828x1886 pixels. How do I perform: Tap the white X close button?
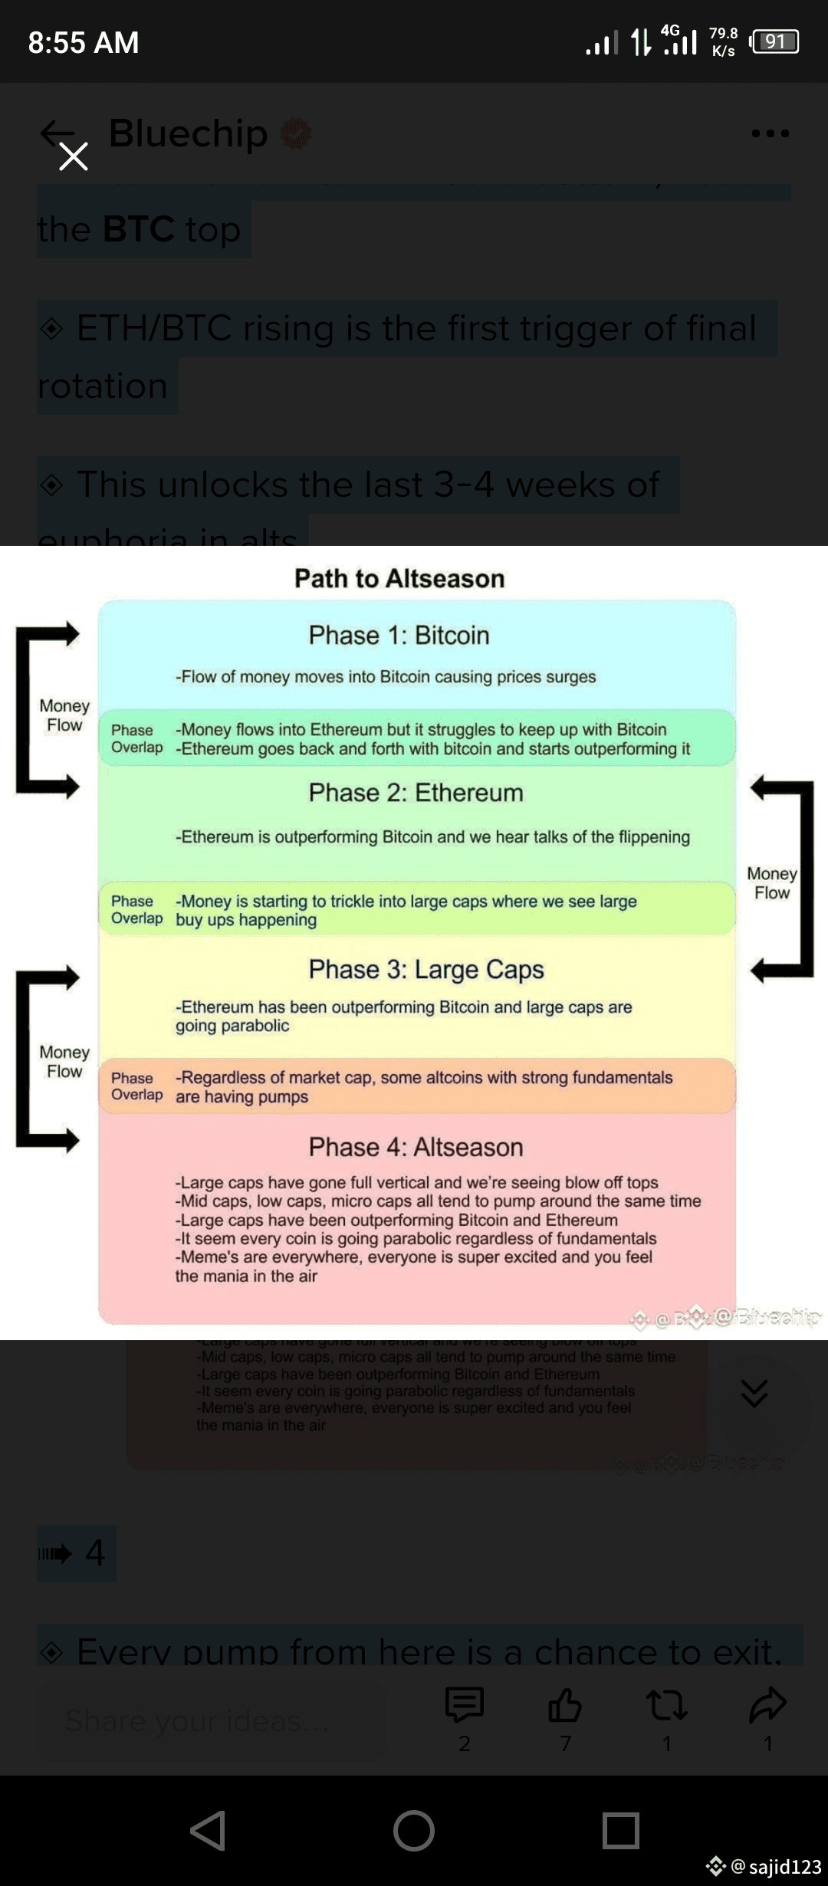pyautogui.click(x=74, y=156)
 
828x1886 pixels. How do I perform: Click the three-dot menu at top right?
pyautogui.click(x=770, y=133)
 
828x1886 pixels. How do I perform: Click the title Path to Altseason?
pyautogui.click(x=399, y=578)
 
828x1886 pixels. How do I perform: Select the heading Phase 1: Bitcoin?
pyautogui.click(x=399, y=635)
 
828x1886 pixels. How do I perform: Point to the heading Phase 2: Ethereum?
pyautogui.click(x=416, y=792)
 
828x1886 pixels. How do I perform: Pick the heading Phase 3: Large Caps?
pyautogui.click(x=426, y=969)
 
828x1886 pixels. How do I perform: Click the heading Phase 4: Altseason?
pyautogui.click(x=416, y=1147)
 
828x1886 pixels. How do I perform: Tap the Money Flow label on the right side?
pyautogui.click(x=772, y=883)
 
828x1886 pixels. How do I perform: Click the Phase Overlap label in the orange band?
pyautogui.click(x=136, y=1086)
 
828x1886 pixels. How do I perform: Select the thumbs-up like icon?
pyautogui.click(x=565, y=1705)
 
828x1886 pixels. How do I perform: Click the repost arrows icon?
pyautogui.click(x=666, y=1705)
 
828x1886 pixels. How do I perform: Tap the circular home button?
pyautogui.click(x=414, y=1831)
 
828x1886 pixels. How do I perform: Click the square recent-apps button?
pyautogui.click(x=620, y=1831)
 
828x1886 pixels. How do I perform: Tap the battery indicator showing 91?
pyautogui.click(x=775, y=41)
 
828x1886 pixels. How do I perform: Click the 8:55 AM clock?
pyautogui.click(x=84, y=42)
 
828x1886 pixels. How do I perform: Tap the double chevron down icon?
pyautogui.click(x=754, y=1392)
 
